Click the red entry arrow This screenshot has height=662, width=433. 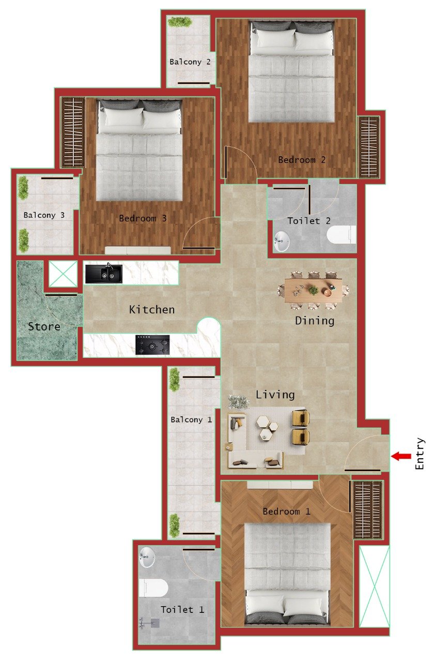pos(401,456)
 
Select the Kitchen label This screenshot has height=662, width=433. pos(152,310)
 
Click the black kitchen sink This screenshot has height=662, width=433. pos(104,274)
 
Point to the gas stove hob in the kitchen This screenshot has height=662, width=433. pos(152,345)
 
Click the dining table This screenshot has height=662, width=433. pos(313,290)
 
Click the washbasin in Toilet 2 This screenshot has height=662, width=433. pos(282,239)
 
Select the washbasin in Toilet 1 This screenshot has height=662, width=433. pos(148,556)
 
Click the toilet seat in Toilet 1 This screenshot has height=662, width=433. pos(153,588)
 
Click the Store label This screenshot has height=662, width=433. pos(44,327)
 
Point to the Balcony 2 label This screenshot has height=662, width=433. pos(190,62)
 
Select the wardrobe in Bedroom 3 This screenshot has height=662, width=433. pos(72,132)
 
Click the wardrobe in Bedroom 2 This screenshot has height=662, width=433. pos(369,146)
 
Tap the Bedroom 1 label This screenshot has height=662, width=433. pos(286,511)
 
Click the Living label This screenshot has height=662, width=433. pos(275,395)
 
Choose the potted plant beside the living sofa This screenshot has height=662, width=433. pos(238,401)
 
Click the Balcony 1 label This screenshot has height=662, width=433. pos(191,419)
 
